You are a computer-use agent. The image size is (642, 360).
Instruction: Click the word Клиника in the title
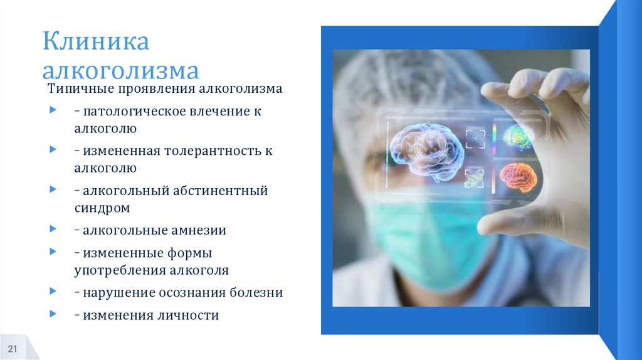pyautogui.click(x=95, y=43)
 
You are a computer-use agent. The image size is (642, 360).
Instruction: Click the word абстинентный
pyautogui.click(x=223, y=190)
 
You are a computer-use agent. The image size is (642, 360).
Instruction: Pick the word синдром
pyautogui.click(x=102, y=207)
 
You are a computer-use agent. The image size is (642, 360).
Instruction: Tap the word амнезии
pyautogui.click(x=199, y=230)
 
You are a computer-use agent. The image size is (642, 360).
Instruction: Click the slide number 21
pyautogui.click(x=13, y=349)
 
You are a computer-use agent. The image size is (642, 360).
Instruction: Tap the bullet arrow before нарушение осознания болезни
pyautogui.click(x=52, y=292)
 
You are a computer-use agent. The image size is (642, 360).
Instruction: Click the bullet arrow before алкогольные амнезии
pyautogui.click(x=52, y=230)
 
